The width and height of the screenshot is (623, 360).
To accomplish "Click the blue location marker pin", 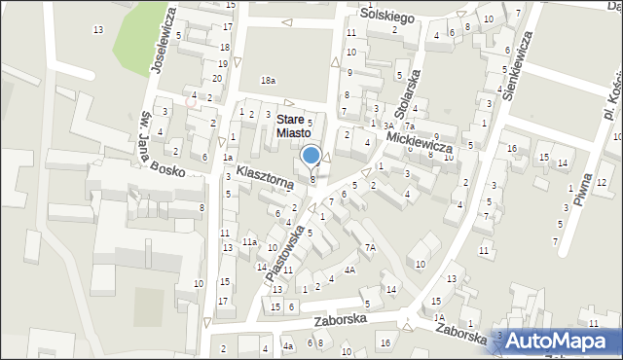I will pos(311,156).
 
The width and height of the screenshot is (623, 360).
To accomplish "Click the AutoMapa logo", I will pos(562,340).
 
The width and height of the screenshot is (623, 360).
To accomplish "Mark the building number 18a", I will pos(268,80).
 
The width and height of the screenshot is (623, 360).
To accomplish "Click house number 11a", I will pos(249,241).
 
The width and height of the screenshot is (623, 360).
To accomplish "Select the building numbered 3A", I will pos(387,126).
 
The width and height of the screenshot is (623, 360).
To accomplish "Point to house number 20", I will pos(217,78).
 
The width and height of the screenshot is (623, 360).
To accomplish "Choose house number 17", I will pos(223,301).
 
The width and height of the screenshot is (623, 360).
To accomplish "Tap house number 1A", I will pos(439,317).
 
